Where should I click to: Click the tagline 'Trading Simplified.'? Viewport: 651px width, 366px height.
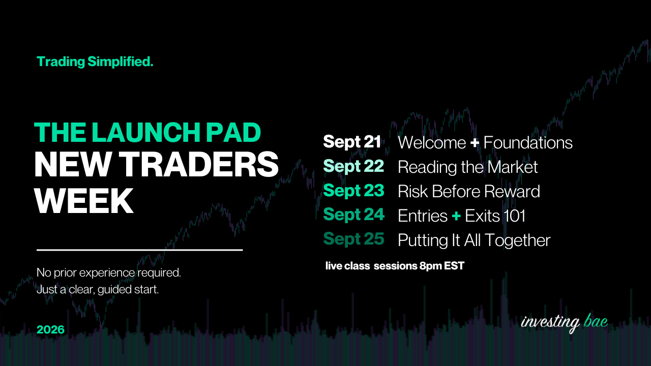pos(95,62)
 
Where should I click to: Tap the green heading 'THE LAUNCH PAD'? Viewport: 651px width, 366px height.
pos(147,133)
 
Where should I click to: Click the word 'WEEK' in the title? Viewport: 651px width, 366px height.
pos(84,200)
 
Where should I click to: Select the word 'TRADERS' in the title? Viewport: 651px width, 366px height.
pos(199,164)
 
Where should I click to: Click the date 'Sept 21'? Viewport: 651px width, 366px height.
pos(352,142)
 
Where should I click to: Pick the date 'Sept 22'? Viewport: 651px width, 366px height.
pos(353,166)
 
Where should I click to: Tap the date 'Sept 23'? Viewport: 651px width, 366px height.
pos(353,191)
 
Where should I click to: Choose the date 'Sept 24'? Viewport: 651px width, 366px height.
pos(353,215)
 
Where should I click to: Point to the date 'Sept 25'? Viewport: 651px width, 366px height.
pos(353,239)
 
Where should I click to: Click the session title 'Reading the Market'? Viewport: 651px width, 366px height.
pos(467,167)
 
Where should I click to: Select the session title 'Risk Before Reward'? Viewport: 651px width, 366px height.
pos(469,192)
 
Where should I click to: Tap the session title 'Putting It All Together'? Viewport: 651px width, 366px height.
pos(474,240)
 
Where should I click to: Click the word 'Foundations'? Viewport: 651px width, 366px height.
pos(528,143)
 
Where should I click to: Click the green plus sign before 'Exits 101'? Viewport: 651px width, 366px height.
pos(456,216)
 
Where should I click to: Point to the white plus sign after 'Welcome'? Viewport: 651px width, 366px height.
pos(475,143)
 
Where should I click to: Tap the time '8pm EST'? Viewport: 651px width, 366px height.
pos(442,266)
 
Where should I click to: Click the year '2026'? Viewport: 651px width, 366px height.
pos(50,329)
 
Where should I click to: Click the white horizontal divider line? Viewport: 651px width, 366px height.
pos(139,250)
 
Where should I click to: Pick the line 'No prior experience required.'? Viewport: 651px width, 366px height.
pos(109,273)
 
